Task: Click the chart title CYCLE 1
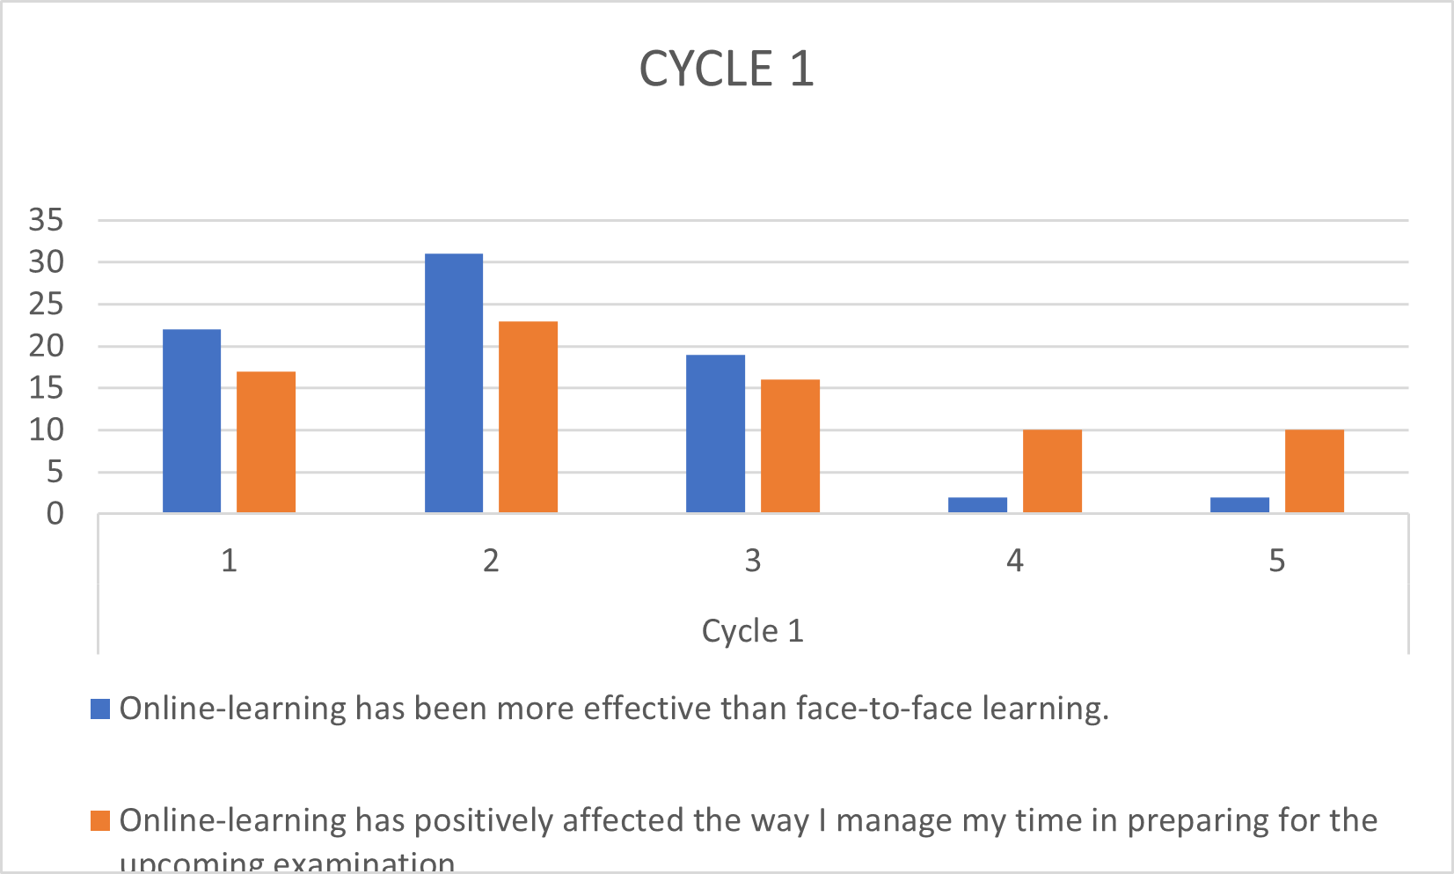tap(727, 69)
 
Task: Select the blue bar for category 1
tap(192, 421)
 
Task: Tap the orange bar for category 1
tap(266, 442)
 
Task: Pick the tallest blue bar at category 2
tap(454, 383)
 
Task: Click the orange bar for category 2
tap(528, 417)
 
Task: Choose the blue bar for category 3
tap(715, 433)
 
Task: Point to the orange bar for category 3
tap(790, 446)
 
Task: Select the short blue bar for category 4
tap(977, 505)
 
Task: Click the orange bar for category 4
tap(1052, 471)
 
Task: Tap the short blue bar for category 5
tap(1239, 505)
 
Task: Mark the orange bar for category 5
tap(1314, 471)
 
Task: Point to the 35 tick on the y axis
tap(46, 220)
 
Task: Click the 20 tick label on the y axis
tap(46, 346)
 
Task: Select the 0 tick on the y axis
tap(55, 514)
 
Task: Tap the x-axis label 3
tap(752, 561)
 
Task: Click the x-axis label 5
tap(1276, 561)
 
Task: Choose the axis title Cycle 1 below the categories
tap(752, 631)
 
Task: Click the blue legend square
tap(100, 709)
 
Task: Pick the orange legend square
tap(100, 820)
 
